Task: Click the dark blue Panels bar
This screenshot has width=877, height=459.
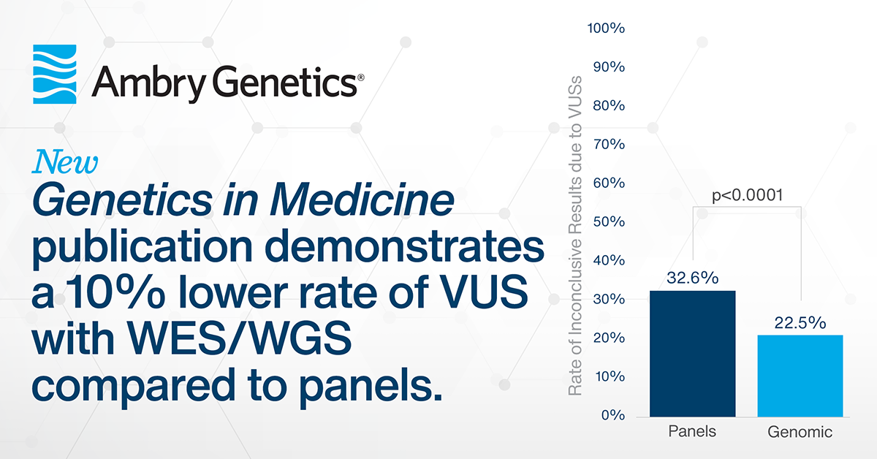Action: [x=692, y=354]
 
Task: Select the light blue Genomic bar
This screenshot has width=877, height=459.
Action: [x=800, y=376]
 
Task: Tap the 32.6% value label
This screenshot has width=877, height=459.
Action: [x=693, y=278]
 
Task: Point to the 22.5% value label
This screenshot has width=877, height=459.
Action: [x=800, y=323]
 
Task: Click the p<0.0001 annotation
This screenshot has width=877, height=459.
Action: [x=747, y=195]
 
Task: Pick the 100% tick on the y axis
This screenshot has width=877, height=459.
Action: [x=606, y=29]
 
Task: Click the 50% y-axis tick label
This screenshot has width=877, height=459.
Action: [x=609, y=221]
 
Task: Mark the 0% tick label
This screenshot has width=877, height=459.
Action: [x=612, y=415]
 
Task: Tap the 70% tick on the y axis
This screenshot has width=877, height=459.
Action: [x=609, y=144]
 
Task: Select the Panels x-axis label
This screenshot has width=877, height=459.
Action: [x=692, y=431]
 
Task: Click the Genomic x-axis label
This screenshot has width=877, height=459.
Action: [x=800, y=432]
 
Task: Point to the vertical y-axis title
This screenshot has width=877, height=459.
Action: [x=574, y=236]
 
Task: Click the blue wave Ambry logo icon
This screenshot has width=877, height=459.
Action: [x=54, y=74]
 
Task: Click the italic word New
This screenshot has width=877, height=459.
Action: [x=65, y=162]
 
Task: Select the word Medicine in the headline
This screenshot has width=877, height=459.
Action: [x=362, y=200]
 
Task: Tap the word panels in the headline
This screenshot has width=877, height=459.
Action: [x=371, y=386]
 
